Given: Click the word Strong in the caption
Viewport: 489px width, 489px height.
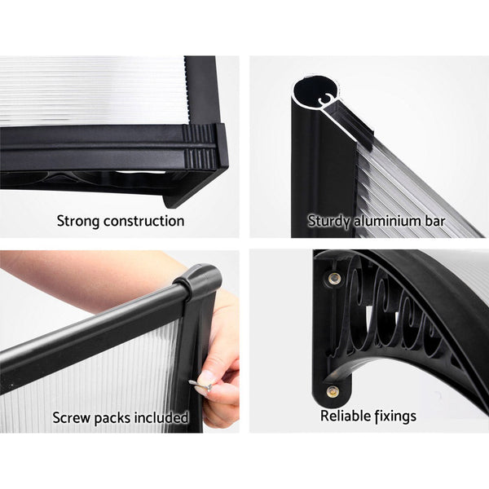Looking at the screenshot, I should click(79, 221).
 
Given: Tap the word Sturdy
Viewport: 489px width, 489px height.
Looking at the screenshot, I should click(328, 221).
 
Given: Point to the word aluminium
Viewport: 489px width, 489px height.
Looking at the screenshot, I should click(388, 221).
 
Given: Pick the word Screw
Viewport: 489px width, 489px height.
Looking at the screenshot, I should click(73, 417).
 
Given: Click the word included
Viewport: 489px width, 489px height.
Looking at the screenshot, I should click(163, 417).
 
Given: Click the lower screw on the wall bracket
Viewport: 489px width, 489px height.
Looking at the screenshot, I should click(332, 391).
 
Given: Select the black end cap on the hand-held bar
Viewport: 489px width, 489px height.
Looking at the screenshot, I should click(198, 282).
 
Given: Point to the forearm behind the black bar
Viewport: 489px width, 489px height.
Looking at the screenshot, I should click(81, 281).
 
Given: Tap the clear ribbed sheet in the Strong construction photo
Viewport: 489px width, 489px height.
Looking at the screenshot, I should click(90, 90).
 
